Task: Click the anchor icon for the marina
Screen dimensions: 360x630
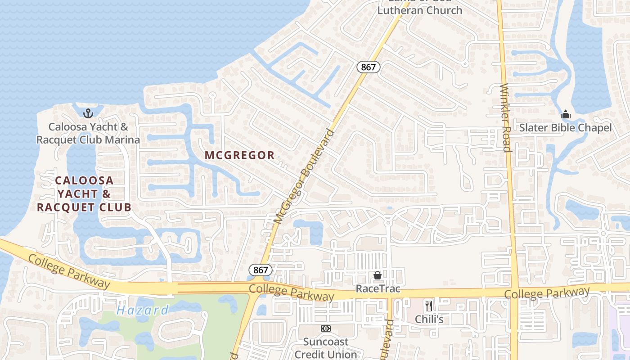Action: pyautogui.click(x=88, y=113)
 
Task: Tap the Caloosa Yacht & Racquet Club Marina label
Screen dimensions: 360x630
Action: pyautogui.click(x=88, y=133)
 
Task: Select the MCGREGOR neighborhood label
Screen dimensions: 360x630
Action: pyautogui.click(x=239, y=155)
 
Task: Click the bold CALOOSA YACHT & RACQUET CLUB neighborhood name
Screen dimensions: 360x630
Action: pyautogui.click(x=84, y=194)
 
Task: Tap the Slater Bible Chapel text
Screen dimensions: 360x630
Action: pyautogui.click(x=565, y=128)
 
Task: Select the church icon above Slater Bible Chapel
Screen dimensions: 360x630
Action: pyautogui.click(x=566, y=114)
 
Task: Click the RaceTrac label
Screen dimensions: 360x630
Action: pyautogui.click(x=378, y=288)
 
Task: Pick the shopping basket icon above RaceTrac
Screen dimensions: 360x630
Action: pyautogui.click(x=378, y=275)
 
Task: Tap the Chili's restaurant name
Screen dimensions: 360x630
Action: pyautogui.click(x=429, y=319)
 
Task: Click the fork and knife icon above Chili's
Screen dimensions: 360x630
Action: pyautogui.click(x=429, y=306)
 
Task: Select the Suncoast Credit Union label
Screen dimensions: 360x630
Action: pyautogui.click(x=326, y=348)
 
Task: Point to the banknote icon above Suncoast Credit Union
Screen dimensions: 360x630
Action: pyautogui.click(x=326, y=328)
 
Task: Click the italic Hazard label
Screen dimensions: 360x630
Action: pyautogui.click(x=142, y=310)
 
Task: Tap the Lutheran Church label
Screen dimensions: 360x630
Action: pyautogui.click(x=419, y=10)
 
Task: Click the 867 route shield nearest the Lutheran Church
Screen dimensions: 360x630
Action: pyautogui.click(x=369, y=67)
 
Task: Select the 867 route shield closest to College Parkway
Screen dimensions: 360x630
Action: pyautogui.click(x=261, y=270)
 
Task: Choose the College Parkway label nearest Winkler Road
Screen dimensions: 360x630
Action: pyautogui.click(x=546, y=293)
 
